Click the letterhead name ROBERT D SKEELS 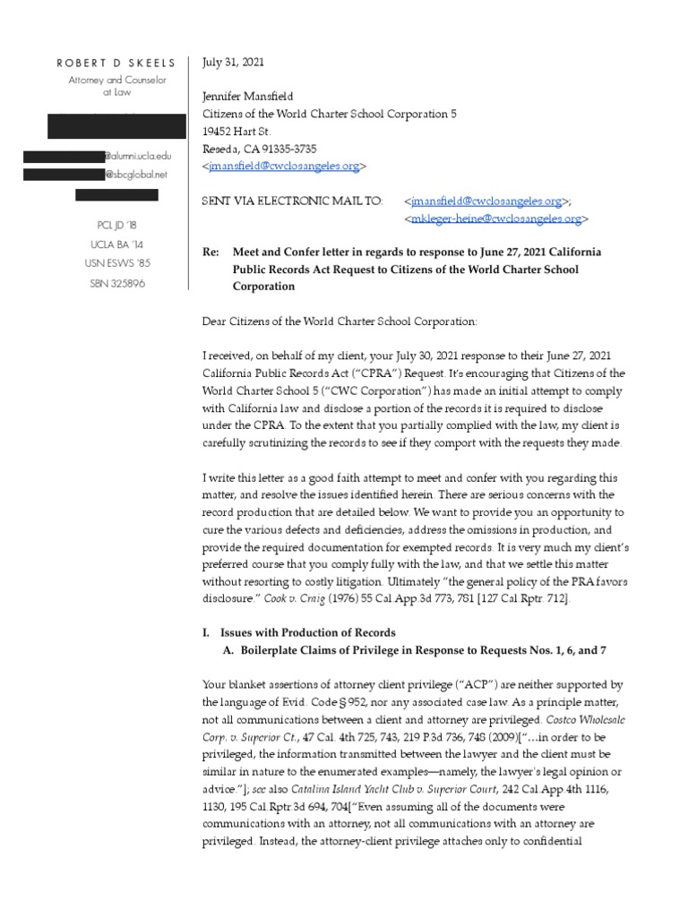(117, 63)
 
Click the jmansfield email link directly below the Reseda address (284, 167)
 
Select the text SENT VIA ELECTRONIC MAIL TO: (293, 201)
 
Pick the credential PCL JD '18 (117, 225)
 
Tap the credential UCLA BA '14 (117, 244)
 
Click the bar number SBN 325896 (117, 284)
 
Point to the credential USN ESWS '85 (117, 264)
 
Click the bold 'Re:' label (212, 253)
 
